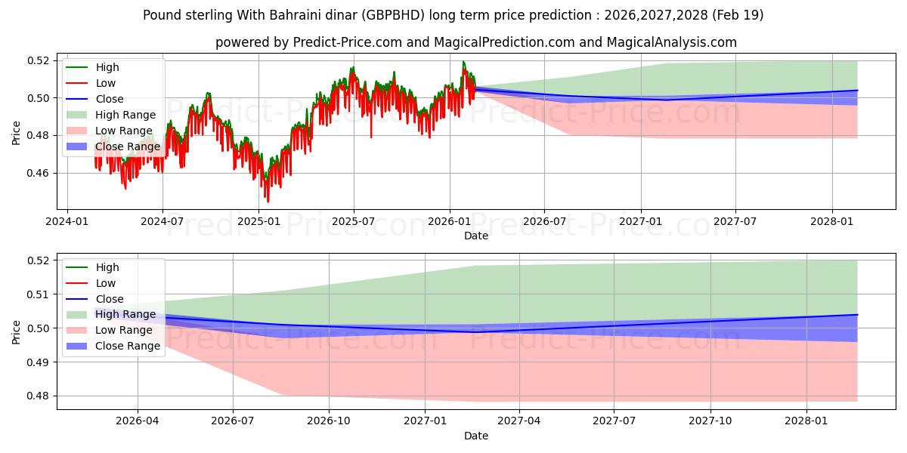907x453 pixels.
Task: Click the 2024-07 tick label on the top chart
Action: [x=163, y=222]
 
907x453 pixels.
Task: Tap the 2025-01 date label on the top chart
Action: [x=258, y=222]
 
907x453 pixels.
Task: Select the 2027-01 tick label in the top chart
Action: [x=641, y=222]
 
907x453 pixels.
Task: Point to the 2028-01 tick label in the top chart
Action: [x=832, y=222]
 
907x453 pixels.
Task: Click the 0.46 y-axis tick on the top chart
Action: [x=38, y=174]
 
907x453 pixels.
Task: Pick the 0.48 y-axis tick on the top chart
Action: [x=38, y=135]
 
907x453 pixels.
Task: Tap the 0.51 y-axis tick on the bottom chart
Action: [x=38, y=294]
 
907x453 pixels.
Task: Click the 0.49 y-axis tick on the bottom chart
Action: [x=38, y=362]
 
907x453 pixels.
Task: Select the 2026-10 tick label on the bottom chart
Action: [x=329, y=421]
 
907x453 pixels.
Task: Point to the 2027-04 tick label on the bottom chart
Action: [x=519, y=421]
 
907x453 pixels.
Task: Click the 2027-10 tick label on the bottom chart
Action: [x=710, y=421]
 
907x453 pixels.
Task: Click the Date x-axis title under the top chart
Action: [x=476, y=236]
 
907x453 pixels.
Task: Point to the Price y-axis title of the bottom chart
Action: [x=16, y=332]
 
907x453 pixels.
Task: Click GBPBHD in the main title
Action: [x=393, y=15]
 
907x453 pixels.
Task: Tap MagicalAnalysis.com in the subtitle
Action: [x=672, y=42]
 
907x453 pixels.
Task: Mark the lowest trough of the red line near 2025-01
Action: [x=268, y=202]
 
